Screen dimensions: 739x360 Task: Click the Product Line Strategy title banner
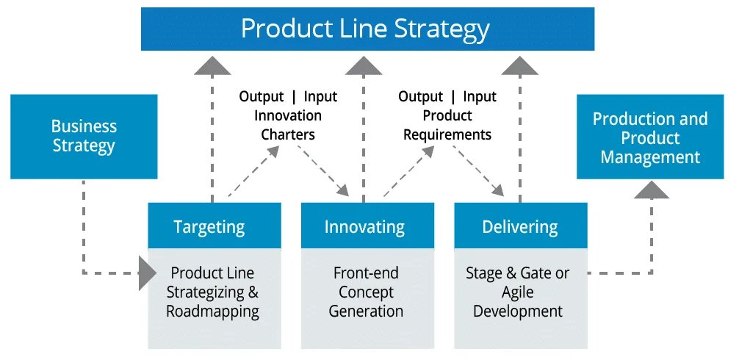click(x=367, y=29)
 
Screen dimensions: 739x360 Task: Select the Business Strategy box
click(x=84, y=137)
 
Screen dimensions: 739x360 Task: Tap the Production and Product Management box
click(x=650, y=137)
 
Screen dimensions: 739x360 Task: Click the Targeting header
click(x=215, y=226)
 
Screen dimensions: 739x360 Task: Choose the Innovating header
click(x=367, y=226)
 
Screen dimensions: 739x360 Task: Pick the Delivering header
click(x=521, y=226)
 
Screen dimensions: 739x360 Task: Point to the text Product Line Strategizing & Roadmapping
click(x=212, y=292)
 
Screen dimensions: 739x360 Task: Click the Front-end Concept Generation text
click(x=366, y=292)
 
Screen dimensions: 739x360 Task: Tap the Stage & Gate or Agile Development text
click(x=518, y=292)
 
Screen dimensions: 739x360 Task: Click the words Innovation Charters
click(x=288, y=125)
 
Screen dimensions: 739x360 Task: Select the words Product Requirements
click(x=447, y=125)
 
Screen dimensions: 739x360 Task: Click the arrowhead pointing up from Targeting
click(x=212, y=65)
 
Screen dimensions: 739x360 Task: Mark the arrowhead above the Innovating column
click(x=364, y=65)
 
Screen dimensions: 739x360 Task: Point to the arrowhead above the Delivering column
click(x=520, y=65)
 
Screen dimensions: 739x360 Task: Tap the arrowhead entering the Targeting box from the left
click(x=148, y=273)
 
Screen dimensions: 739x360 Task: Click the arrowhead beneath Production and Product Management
click(x=652, y=190)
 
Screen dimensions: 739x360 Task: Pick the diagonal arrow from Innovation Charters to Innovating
click(x=322, y=170)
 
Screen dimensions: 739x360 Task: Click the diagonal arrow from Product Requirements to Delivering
click(x=478, y=170)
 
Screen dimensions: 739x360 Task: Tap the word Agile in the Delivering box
click(x=517, y=292)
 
